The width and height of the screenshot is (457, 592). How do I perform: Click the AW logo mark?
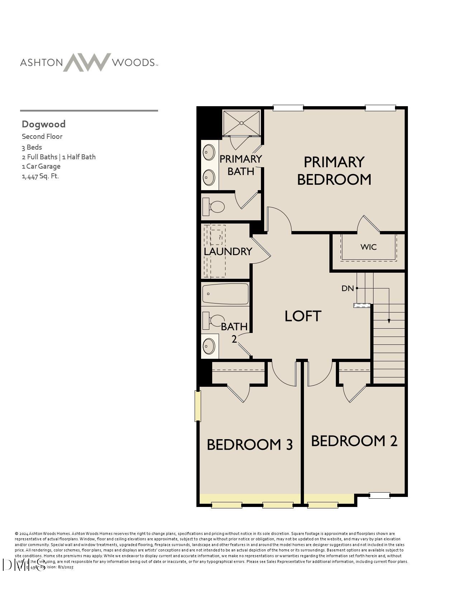coord(87,62)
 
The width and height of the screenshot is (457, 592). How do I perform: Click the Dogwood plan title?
coord(43,124)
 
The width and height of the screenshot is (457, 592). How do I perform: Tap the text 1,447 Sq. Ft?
coord(40,176)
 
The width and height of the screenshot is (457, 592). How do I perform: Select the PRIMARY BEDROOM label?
coord(334,171)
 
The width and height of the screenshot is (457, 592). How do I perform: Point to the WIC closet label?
coord(368,247)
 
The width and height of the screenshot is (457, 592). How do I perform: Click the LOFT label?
coord(303,316)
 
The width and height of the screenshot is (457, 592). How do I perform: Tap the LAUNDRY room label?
coord(228,252)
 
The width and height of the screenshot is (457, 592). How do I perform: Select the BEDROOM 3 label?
coord(250,445)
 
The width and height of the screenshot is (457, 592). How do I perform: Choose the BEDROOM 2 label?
coord(354,441)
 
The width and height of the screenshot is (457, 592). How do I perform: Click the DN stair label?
coord(347,288)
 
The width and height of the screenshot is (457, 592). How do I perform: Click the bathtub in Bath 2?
coord(225,294)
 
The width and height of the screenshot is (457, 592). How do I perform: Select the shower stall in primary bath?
coord(241,123)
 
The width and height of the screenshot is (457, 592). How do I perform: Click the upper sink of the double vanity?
coord(209,152)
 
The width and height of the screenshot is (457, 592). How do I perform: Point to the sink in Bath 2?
coord(209,346)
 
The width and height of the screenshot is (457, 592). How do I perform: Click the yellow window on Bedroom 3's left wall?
coord(198,406)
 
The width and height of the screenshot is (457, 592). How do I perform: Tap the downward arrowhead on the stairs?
coord(389,321)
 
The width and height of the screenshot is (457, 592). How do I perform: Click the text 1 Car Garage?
coord(41,166)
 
